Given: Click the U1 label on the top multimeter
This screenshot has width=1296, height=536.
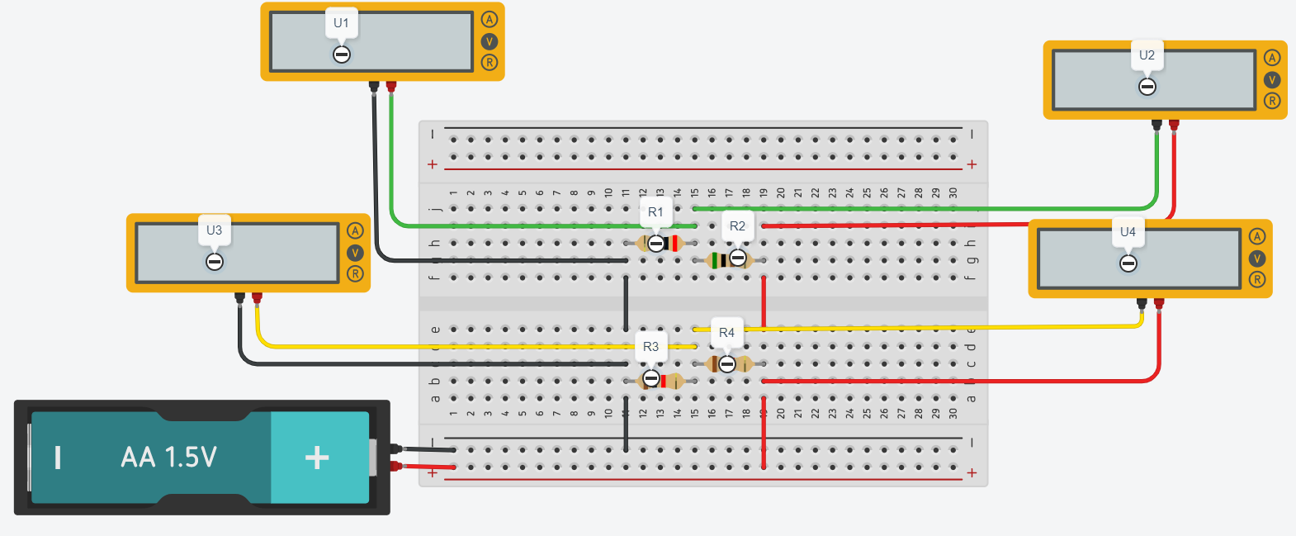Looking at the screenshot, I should coord(341,23).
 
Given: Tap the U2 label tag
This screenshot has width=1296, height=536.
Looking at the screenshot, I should coord(1147,55).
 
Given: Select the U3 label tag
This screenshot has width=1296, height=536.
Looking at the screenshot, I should coord(214,230).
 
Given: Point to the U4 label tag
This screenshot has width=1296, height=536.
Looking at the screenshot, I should coord(1128,232).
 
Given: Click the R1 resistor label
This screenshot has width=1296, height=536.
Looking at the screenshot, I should coord(655,212).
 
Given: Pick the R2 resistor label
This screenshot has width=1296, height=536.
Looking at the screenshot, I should coord(737,226).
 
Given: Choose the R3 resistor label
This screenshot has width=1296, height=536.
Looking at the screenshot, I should coord(650,347).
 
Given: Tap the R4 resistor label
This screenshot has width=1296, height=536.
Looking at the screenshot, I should coord(726,333).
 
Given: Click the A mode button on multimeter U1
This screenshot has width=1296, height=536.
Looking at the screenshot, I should coord(490,20).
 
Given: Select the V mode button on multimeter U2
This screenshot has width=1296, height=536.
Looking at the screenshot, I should coord(1272,79).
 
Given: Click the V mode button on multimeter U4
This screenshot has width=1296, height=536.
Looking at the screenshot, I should coord(1257,258).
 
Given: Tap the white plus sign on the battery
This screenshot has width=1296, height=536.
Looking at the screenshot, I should coord(317,458).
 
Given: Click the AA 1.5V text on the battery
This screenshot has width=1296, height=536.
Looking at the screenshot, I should coord(168,458).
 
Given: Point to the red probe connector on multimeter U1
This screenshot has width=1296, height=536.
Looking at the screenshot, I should coord(391,86).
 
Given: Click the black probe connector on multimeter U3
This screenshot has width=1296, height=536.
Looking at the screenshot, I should coord(239,296).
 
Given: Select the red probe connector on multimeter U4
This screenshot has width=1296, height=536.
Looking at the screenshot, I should coord(1159,303).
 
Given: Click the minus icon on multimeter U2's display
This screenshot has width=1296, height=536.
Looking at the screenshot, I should coord(1147,87).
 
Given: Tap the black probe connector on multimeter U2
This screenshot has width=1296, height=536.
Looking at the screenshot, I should coord(1156,125).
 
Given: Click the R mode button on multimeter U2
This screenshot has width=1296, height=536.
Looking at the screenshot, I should coord(1272,101).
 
